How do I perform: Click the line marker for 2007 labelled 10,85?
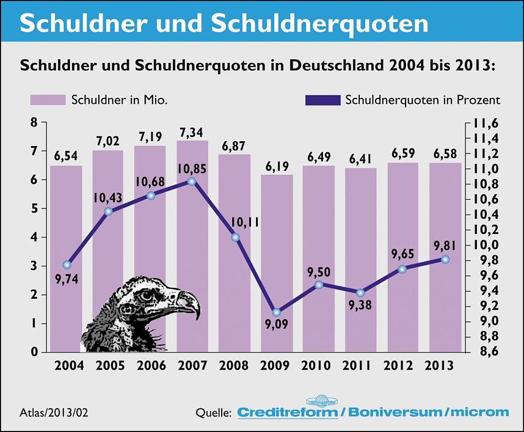tap(192, 181)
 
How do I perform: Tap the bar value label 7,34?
tap(192, 133)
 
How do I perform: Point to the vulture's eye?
tap(146, 296)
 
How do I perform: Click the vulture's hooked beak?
tap(189, 303)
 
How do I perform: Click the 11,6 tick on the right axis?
tap(486, 123)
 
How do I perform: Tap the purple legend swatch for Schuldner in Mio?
tap(48, 100)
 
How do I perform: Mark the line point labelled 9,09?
tap(277, 312)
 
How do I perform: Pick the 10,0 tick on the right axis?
tap(486, 245)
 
